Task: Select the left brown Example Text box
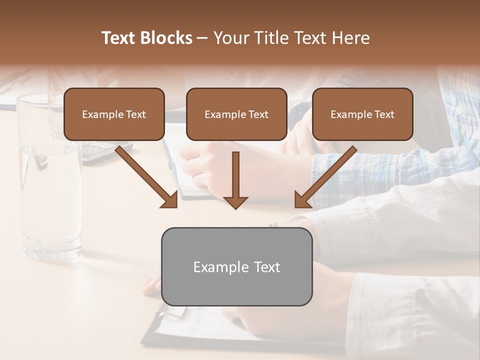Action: [x=114, y=114]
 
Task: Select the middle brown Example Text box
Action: [x=236, y=114]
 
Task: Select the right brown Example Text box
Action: [x=362, y=114]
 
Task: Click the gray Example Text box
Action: [x=236, y=267]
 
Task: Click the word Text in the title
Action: [x=120, y=38]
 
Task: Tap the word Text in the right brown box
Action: [x=384, y=114]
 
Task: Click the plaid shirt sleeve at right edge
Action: [x=450, y=150]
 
